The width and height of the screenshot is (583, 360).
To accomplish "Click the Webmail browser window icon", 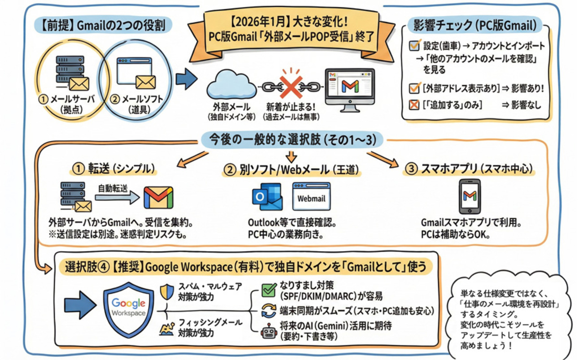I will (311, 196).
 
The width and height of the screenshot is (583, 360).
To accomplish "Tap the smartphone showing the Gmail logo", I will (470, 196).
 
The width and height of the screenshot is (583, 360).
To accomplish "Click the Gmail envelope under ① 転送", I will (158, 198).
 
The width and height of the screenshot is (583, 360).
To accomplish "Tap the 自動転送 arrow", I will (117, 198).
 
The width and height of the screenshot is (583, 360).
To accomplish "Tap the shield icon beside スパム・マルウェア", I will (166, 292).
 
